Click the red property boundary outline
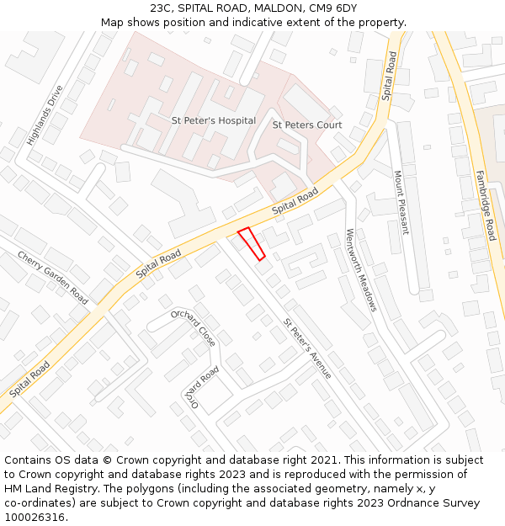click(x=252, y=243)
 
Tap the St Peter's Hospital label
click(x=214, y=121)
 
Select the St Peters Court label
click(x=307, y=125)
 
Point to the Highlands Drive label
click(x=45, y=115)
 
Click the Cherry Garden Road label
click(x=52, y=278)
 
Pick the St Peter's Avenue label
click(x=307, y=348)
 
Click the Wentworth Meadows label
click(x=361, y=270)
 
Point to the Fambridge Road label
click(x=486, y=205)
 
